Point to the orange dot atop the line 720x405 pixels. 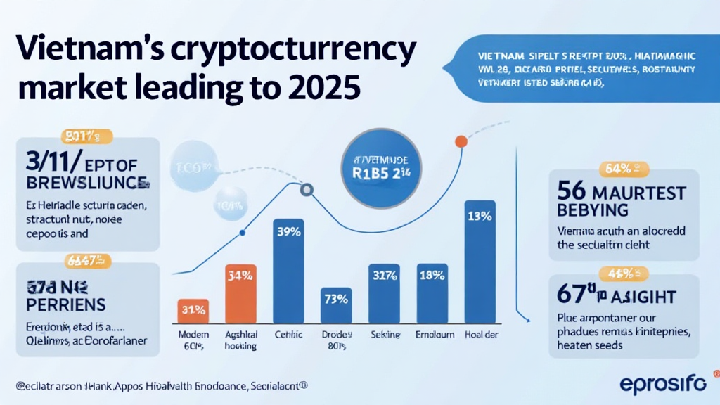461,141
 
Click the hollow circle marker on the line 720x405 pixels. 307,189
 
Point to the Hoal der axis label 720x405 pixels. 481,335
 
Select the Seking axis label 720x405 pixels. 385,335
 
